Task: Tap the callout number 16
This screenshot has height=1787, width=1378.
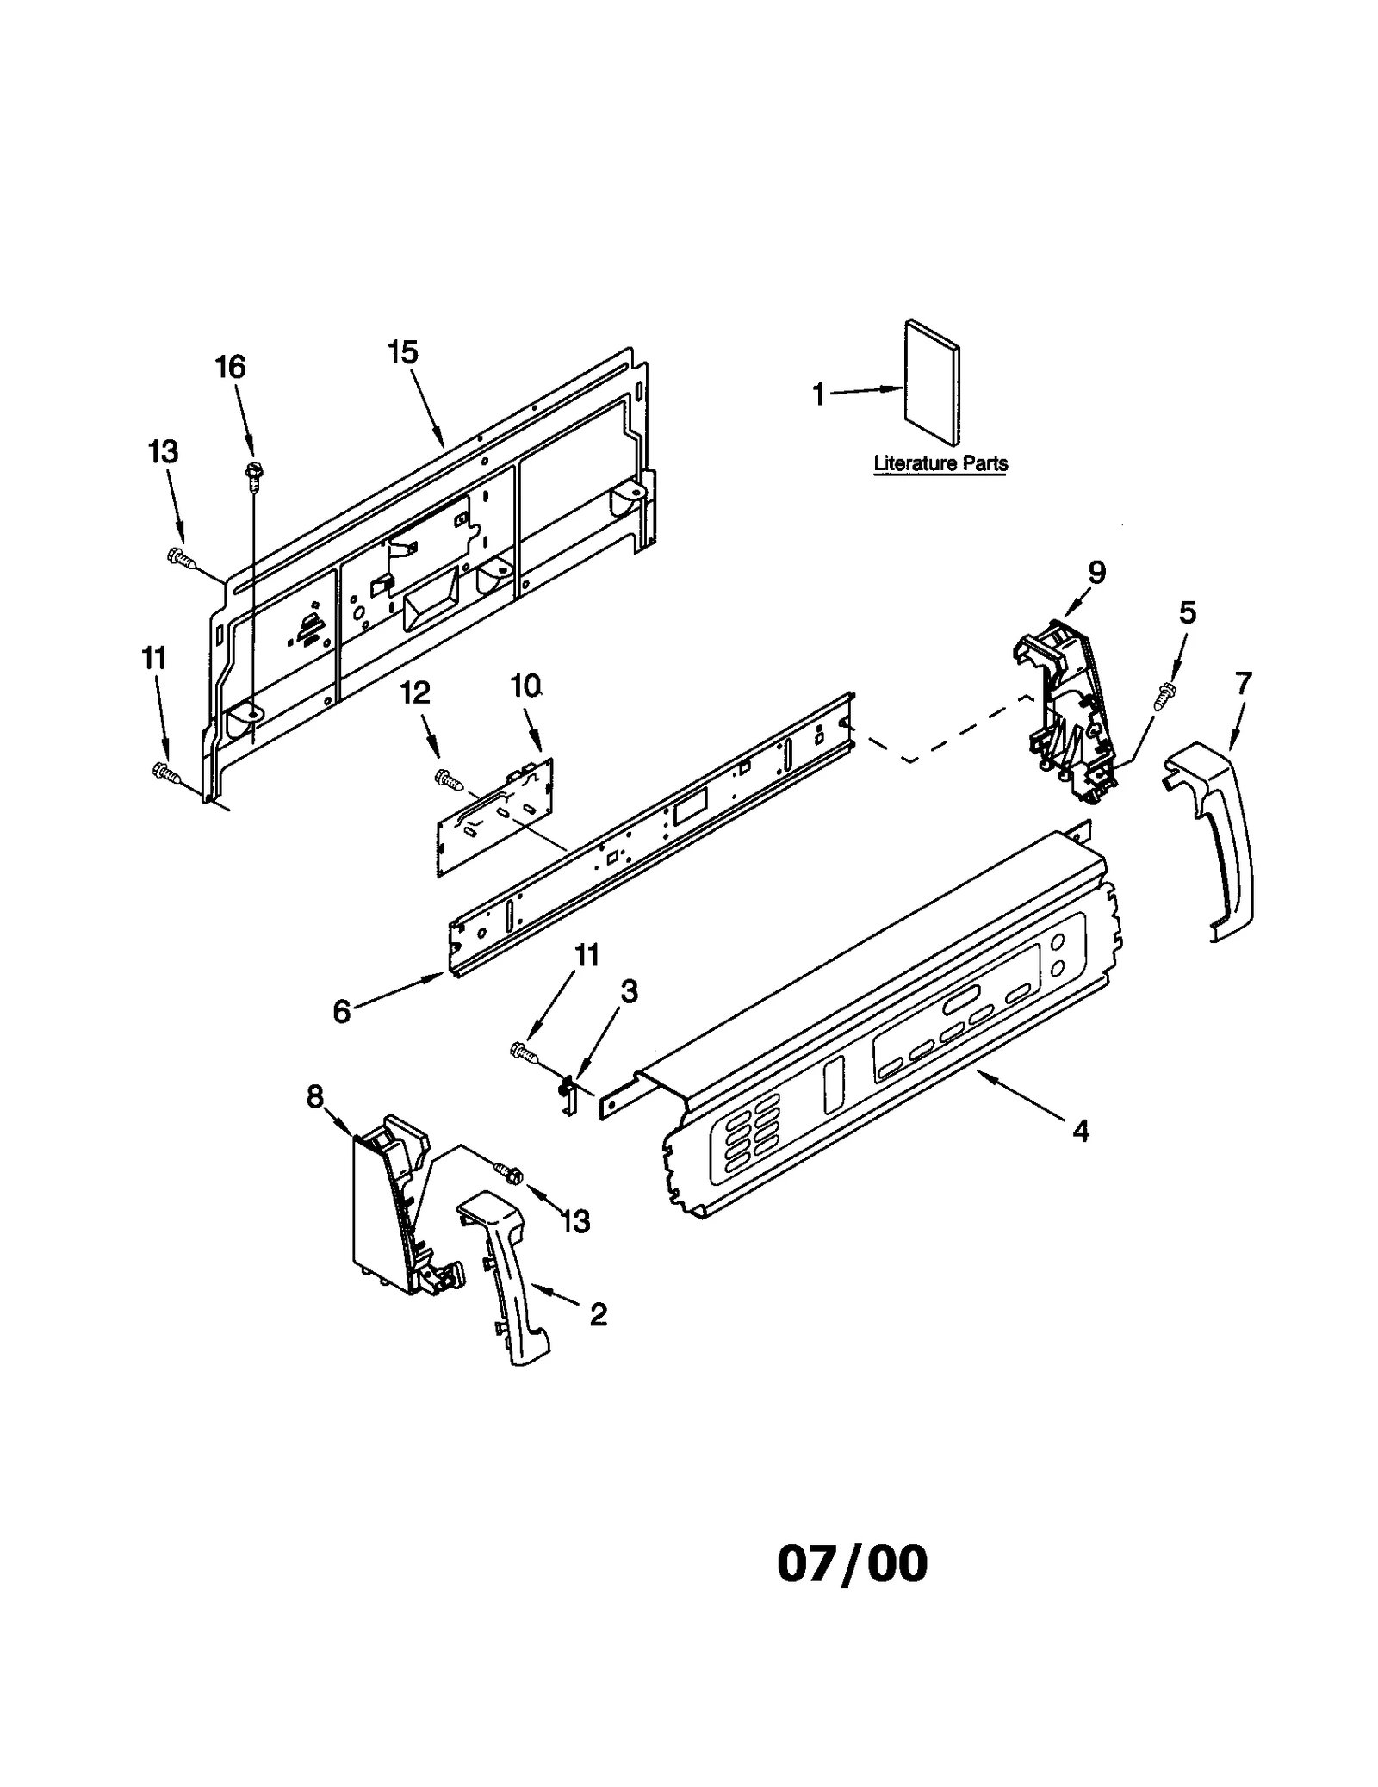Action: (230, 367)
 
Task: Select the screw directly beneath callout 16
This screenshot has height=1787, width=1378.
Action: (255, 473)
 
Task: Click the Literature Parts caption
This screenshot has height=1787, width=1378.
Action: (940, 463)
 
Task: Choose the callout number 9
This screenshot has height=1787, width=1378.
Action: (1096, 572)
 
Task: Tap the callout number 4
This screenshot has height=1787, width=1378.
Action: (1081, 1130)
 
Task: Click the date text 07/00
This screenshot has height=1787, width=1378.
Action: (853, 1563)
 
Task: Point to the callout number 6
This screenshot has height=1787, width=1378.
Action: (342, 1012)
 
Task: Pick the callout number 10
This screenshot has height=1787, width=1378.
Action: (525, 686)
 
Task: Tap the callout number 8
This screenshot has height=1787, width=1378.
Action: (315, 1096)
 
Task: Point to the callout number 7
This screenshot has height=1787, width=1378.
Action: (1243, 683)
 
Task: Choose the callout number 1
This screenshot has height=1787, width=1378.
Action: (818, 395)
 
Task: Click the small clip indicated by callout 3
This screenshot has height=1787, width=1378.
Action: (568, 1091)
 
